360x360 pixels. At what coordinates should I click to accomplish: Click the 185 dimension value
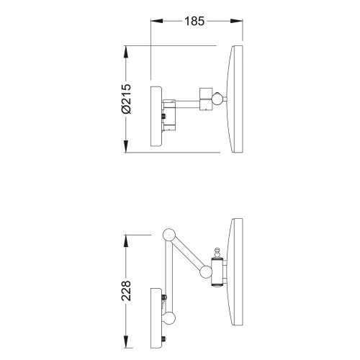pos(194,21)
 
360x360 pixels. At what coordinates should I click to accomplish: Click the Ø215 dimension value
pos(126,99)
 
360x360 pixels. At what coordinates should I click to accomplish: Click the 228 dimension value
pos(126,291)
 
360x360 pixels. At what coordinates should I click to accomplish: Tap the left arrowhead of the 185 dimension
pos(157,21)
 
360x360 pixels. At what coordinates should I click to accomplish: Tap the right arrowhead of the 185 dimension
pos(236,21)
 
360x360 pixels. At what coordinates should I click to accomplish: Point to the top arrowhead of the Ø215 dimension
pos(126,52)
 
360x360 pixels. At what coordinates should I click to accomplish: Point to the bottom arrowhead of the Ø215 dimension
pos(126,146)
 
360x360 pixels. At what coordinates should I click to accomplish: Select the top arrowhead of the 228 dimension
pos(126,241)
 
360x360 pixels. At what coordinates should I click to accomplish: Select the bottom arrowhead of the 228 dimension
pos(126,342)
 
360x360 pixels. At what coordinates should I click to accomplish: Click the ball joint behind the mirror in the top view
pos(217,99)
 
